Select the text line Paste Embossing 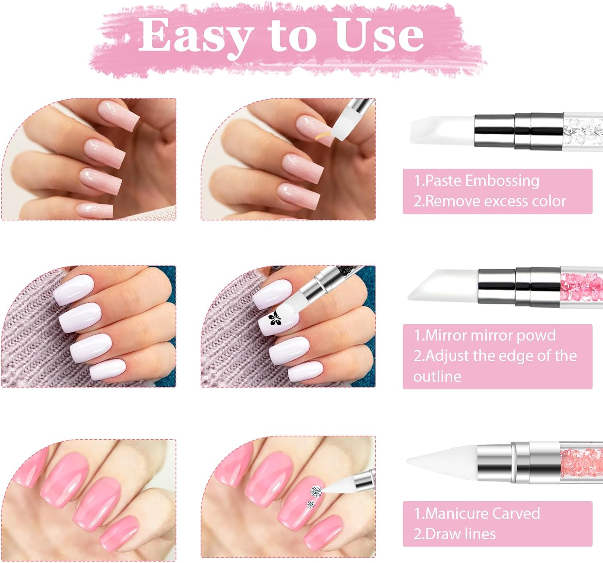point(477,181)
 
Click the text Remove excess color point(490,201)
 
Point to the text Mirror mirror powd point(485,335)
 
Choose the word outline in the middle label point(437,376)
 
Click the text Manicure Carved point(477,513)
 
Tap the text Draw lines point(455,534)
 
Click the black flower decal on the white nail point(274,318)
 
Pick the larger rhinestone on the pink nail point(316,490)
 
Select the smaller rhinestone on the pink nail point(310,504)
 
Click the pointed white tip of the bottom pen point(442,461)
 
